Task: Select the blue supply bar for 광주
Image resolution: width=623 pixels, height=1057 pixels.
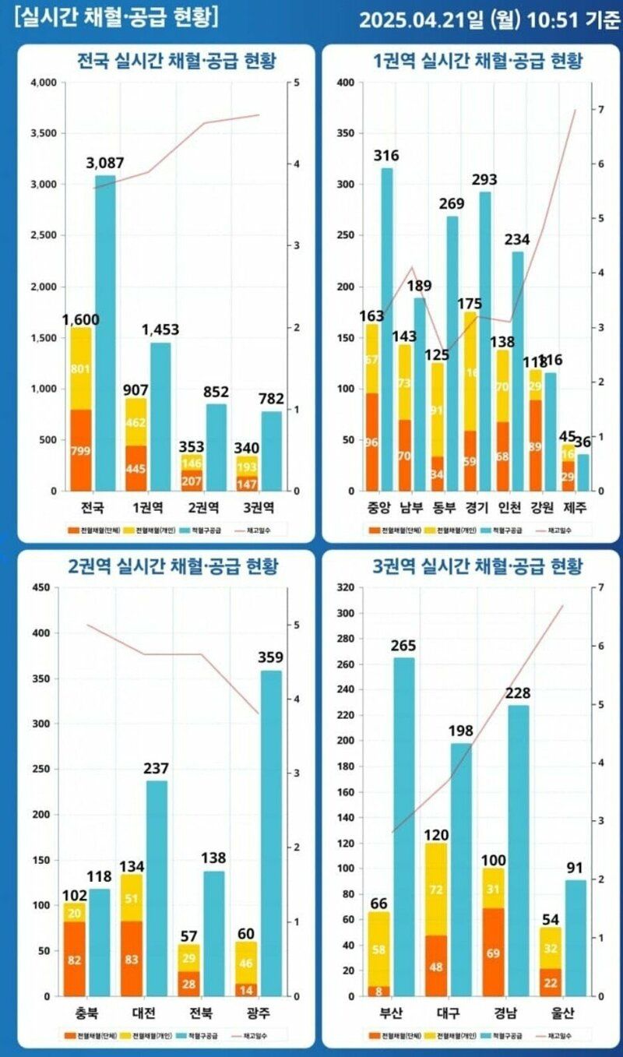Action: [271, 833]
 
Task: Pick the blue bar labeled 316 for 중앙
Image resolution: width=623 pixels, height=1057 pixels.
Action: [386, 327]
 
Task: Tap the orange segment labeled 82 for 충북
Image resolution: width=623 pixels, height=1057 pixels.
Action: [75, 960]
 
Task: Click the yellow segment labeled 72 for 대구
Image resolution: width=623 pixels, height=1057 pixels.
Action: [436, 889]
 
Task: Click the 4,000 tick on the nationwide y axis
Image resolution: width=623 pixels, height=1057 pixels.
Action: [43, 83]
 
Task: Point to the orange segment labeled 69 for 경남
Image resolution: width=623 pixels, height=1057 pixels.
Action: [494, 952]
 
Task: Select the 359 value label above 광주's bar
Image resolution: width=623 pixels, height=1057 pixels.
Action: [271, 657]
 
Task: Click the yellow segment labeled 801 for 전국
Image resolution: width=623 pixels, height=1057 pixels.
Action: [80, 368]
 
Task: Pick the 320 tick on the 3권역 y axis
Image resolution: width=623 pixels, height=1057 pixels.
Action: [350, 588]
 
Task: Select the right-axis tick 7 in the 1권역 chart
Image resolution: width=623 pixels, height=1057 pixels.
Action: [598, 110]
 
